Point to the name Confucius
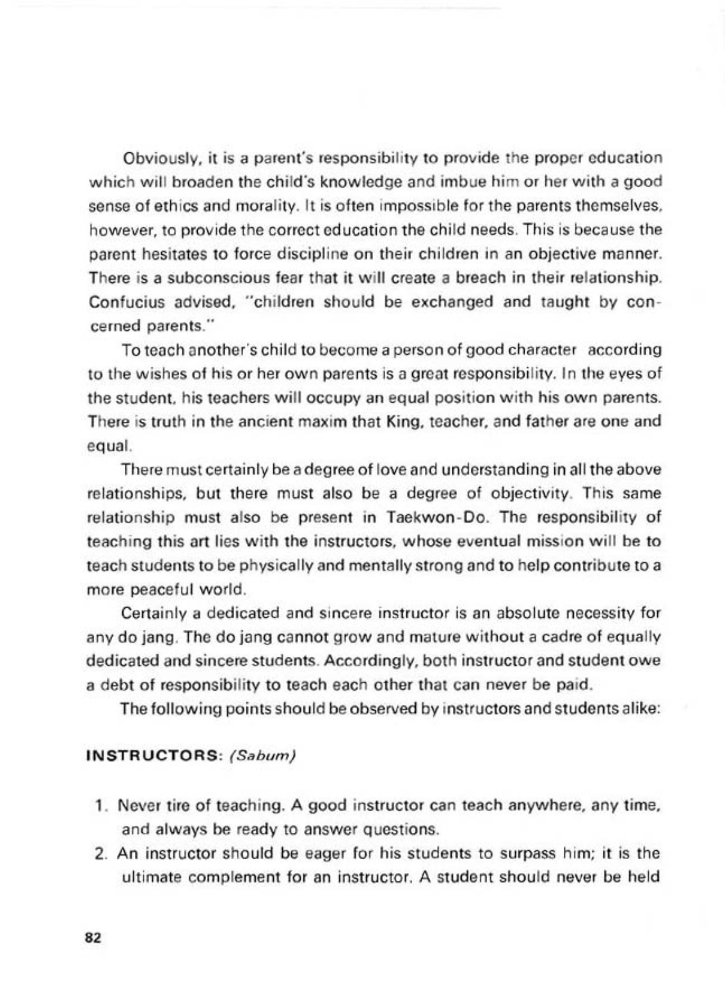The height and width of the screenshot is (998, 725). tap(117, 302)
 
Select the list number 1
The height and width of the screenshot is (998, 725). tap(99, 805)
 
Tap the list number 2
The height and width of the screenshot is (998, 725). tap(99, 853)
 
